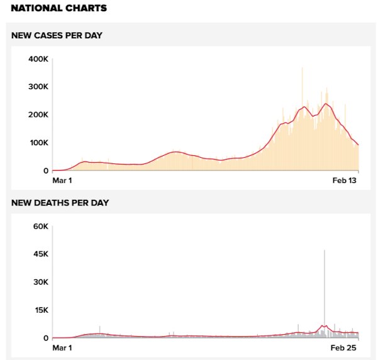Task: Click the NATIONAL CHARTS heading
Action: [x=59, y=9]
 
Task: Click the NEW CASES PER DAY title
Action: [x=57, y=35]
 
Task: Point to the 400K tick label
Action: [x=38, y=59]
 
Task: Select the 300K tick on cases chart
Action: [x=38, y=87]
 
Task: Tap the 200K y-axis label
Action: [x=38, y=115]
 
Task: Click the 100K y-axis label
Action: [x=38, y=143]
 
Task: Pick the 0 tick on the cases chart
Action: [x=45, y=171]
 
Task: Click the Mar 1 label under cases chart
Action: [x=62, y=180]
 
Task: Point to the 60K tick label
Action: [x=40, y=226]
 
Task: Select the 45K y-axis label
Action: [x=40, y=254]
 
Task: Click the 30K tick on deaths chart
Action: [x=40, y=282]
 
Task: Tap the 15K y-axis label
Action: [x=40, y=310]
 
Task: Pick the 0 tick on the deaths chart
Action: [x=45, y=338]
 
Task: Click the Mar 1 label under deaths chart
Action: [x=62, y=347]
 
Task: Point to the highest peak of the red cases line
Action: [x=326, y=104]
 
